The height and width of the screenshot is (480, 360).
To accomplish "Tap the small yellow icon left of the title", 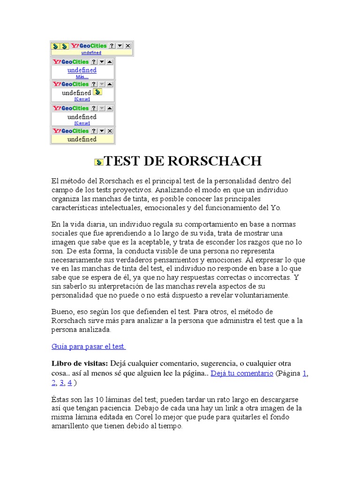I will (98, 162).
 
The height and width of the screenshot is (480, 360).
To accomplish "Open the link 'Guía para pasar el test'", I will (88, 346).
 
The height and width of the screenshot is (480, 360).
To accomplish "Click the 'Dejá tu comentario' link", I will (242, 374).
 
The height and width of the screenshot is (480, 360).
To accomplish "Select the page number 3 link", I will (61, 382).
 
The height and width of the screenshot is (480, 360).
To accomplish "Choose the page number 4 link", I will (69, 382).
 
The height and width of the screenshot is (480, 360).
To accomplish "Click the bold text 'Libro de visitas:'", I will (80, 363).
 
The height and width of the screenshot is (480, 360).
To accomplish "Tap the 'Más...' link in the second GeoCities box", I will (82, 76).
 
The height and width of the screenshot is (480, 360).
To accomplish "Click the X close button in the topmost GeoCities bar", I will (128, 46).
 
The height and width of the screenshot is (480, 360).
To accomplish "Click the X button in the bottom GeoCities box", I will (110, 131).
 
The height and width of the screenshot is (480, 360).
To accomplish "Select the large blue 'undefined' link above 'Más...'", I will (82, 70).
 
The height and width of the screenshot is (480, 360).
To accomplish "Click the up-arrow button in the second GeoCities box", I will (110, 62).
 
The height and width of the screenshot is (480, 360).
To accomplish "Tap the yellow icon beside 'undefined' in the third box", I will (97, 92).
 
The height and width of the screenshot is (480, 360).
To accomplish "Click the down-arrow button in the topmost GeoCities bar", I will (120, 46).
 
